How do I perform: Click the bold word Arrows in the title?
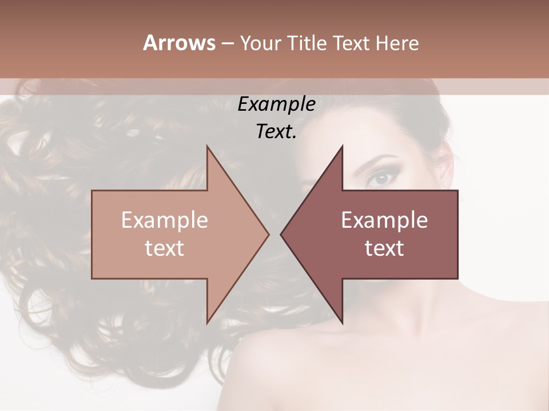tap(179, 43)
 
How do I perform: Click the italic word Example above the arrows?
tap(276, 104)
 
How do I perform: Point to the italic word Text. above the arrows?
tap(276, 132)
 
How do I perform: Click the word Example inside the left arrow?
tap(164, 220)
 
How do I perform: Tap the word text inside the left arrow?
tap(164, 248)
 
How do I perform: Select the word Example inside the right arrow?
tap(384, 220)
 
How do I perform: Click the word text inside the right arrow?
tap(384, 248)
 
